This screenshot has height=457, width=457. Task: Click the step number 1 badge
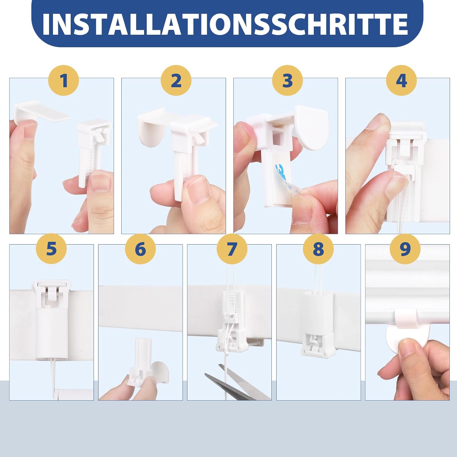coord(63,81)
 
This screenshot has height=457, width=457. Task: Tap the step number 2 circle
coord(176,81)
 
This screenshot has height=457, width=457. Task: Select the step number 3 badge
coord(287,81)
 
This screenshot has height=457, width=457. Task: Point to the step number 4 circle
coord(401,81)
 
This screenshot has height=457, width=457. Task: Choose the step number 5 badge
coord(51,249)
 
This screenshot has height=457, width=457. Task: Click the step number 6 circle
coord(140,249)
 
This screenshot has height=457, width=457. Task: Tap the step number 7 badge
coord(232,249)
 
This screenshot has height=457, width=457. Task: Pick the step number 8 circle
coord(318,249)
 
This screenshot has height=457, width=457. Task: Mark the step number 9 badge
coord(405,249)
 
